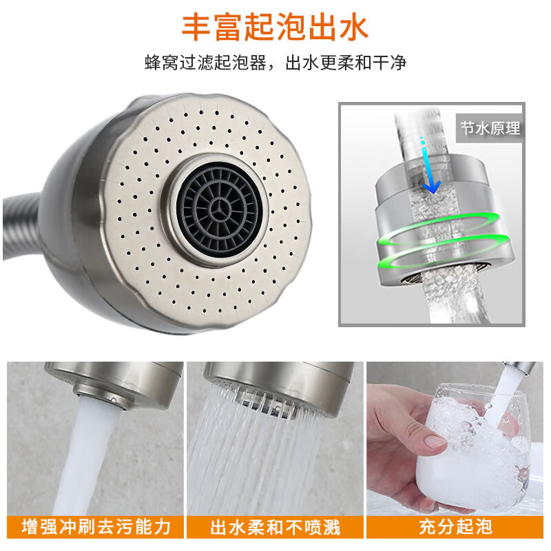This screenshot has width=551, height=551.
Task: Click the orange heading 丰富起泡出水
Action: coord(275,27)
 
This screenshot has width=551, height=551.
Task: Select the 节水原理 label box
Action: coord(490,128)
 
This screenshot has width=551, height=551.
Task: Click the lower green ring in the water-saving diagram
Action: coord(444,254)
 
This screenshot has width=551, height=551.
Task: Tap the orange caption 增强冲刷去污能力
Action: coord(96,528)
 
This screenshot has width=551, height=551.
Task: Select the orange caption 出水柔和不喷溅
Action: coord(275,528)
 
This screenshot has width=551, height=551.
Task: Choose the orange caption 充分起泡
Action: coord(456,528)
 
